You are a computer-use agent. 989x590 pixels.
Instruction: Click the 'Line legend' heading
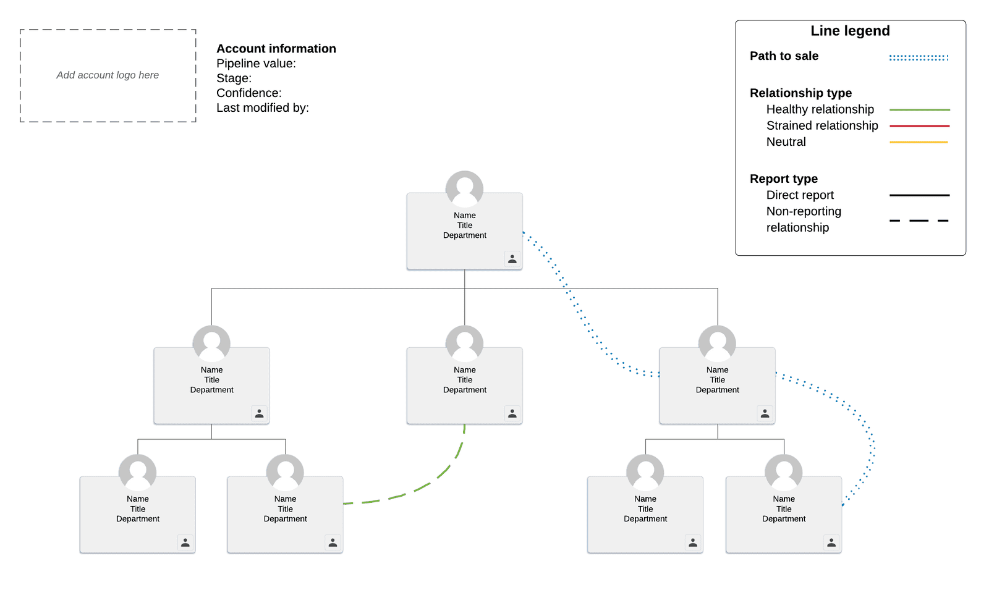850,31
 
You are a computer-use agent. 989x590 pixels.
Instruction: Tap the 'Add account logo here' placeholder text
108,75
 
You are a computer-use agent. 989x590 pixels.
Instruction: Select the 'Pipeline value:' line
256,64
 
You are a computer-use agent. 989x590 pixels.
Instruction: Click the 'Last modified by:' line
263,107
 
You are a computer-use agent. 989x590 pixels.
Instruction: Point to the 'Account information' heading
276,49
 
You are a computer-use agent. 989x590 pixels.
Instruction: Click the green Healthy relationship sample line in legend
920,109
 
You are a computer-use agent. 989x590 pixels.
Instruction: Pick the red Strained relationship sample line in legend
920,126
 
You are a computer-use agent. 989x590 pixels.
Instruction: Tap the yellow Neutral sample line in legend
919,142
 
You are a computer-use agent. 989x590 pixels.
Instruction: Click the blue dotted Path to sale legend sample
919,58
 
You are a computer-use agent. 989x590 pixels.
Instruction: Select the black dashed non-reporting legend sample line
919,220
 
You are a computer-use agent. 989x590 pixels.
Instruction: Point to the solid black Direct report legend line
920,195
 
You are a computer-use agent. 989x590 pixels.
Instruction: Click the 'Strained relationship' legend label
822,126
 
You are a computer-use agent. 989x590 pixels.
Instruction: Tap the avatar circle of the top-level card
464,189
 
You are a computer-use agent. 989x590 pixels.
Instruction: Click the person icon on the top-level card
512,259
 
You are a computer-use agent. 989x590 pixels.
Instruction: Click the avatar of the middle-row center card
464,343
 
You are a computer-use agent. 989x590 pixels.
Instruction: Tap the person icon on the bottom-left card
185,542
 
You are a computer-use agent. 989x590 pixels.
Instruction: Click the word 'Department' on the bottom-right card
784,519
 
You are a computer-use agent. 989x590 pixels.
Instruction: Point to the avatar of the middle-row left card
211,343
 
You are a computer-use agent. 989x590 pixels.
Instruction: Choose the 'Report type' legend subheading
784,179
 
